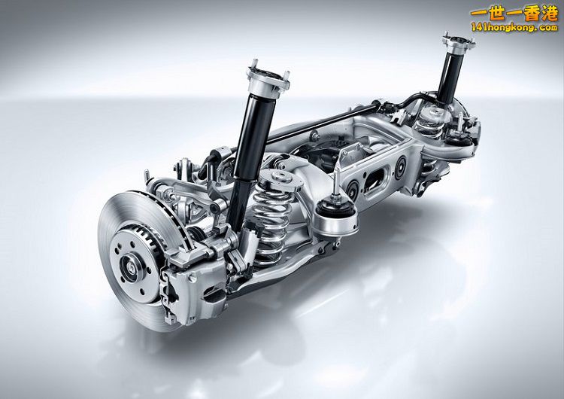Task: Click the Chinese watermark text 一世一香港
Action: (514, 14)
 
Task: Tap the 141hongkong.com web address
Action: (514, 27)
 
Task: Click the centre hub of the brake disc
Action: (129, 264)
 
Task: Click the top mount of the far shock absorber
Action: (459, 42)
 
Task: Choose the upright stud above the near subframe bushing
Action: (336, 181)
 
